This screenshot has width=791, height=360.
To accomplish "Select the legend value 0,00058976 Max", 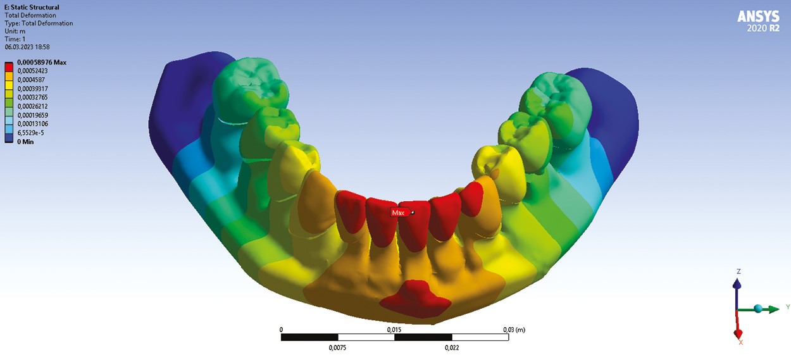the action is click(42, 63).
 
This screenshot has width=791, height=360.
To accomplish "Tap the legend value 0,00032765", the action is click(32, 97).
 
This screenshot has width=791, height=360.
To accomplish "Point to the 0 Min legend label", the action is click(25, 142).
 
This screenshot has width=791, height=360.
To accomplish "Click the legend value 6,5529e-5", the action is click(31, 133).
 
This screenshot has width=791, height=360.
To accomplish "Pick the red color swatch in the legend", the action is click(9, 67).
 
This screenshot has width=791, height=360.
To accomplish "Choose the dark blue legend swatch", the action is click(9, 138).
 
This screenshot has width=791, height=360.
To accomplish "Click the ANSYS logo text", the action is click(758, 16).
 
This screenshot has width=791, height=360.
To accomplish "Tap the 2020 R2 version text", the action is click(763, 28).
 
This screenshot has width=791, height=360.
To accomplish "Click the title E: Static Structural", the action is click(32, 7).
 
